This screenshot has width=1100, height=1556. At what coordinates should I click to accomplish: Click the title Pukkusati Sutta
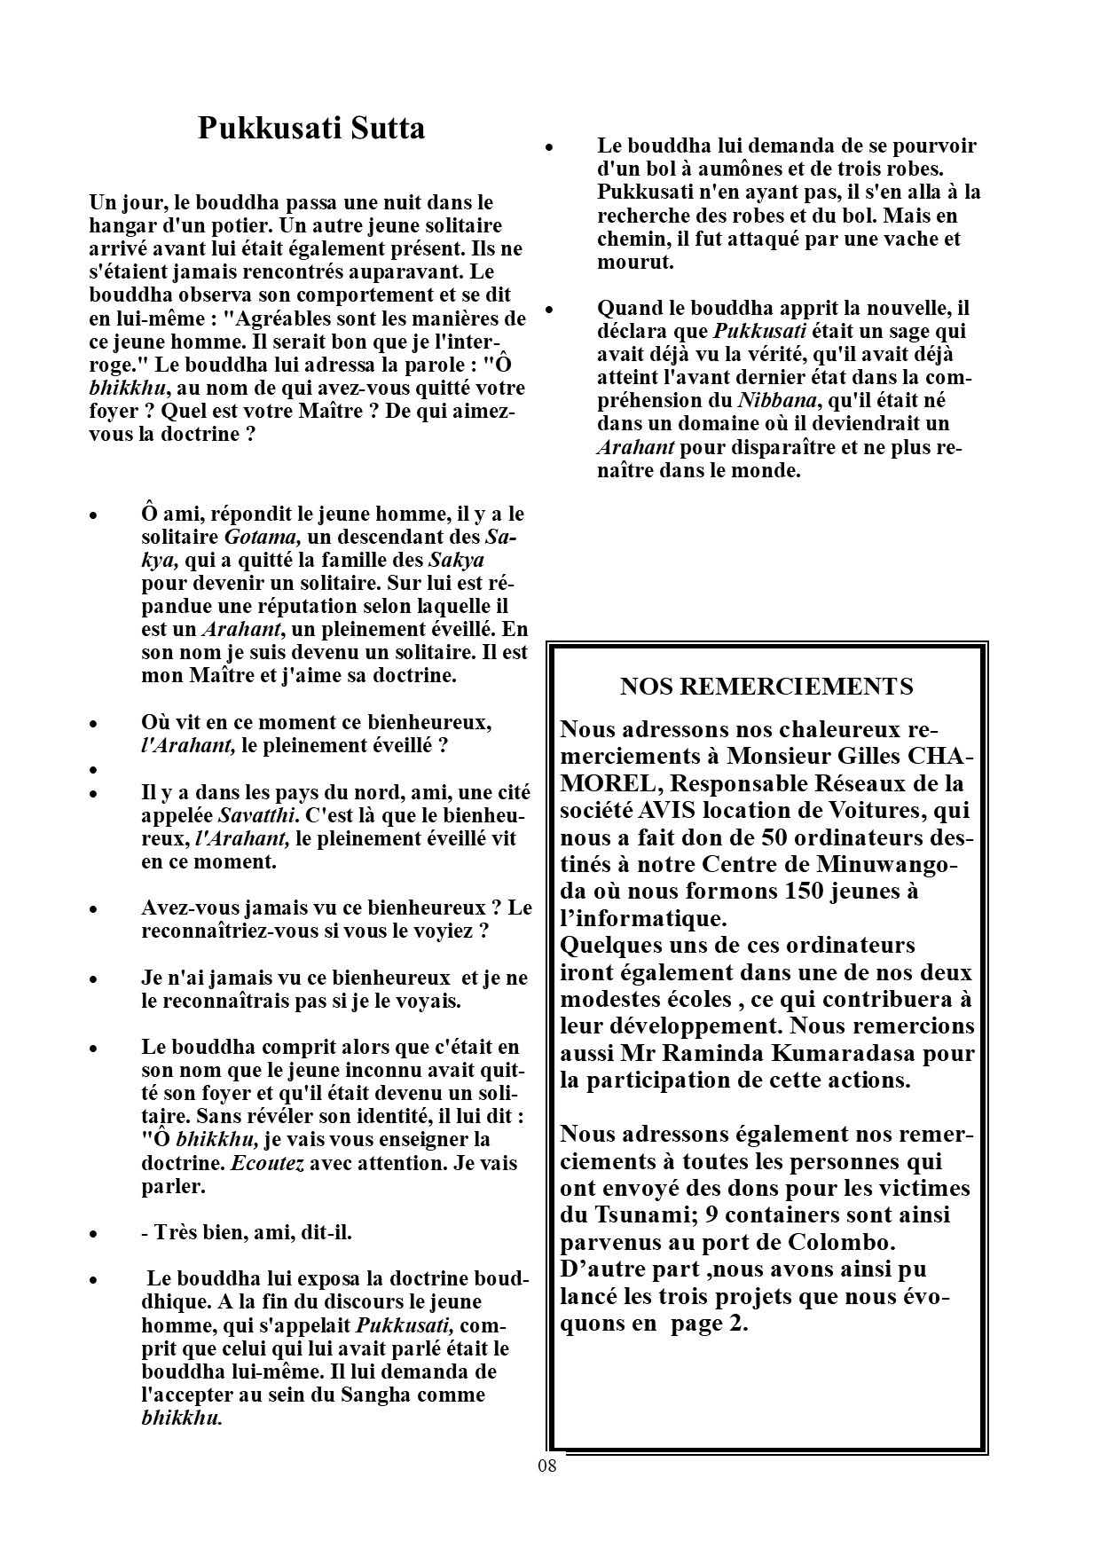310,129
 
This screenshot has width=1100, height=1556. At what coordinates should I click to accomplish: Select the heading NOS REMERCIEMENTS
766,686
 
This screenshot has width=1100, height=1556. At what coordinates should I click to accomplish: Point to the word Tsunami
631,1214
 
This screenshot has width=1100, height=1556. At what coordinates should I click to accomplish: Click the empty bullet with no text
93,769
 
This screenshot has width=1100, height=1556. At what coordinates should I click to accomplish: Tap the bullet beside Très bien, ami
93,1234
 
